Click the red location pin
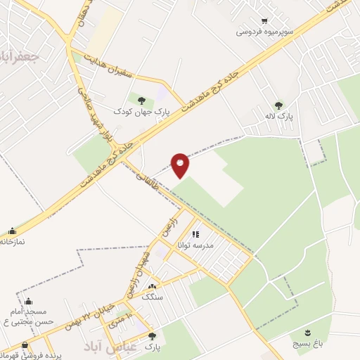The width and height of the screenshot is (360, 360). pyautogui.click(x=181, y=165)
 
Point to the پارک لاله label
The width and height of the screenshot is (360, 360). pyautogui.click(x=285, y=115)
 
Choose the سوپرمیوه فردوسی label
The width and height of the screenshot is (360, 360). pyautogui.click(x=264, y=32)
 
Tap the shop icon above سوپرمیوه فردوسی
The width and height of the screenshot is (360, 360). pyautogui.click(x=264, y=21)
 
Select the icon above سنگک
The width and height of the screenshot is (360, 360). pyautogui.click(x=153, y=286)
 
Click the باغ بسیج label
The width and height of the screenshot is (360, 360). pyautogui.click(x=308, y=343)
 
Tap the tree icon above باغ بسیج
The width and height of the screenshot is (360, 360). pyautogui.click(x=308, y=332)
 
